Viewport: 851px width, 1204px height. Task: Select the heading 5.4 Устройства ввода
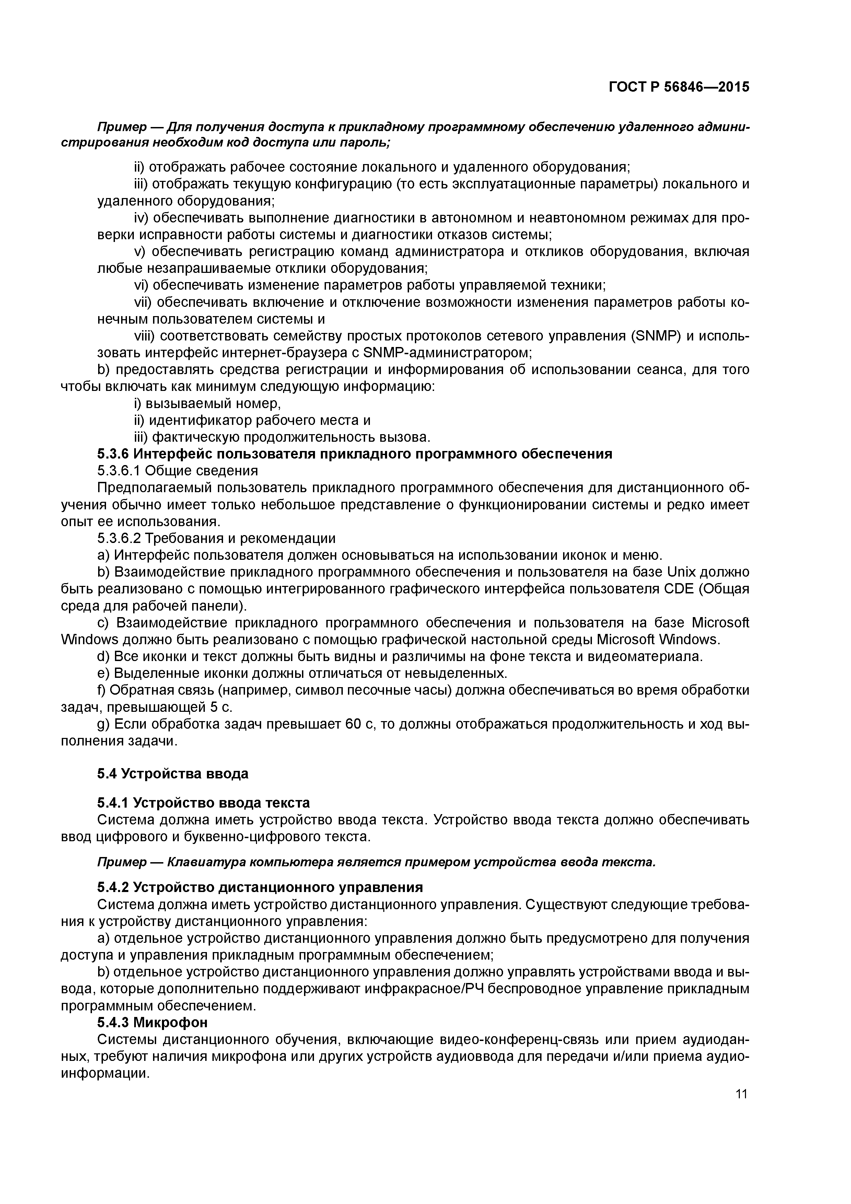point(173,774)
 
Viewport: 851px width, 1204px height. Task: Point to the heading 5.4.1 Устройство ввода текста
point(203,802)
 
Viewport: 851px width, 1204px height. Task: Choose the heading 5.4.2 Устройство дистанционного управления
point(260,887)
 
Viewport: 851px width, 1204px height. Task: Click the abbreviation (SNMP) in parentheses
point(655,336)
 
